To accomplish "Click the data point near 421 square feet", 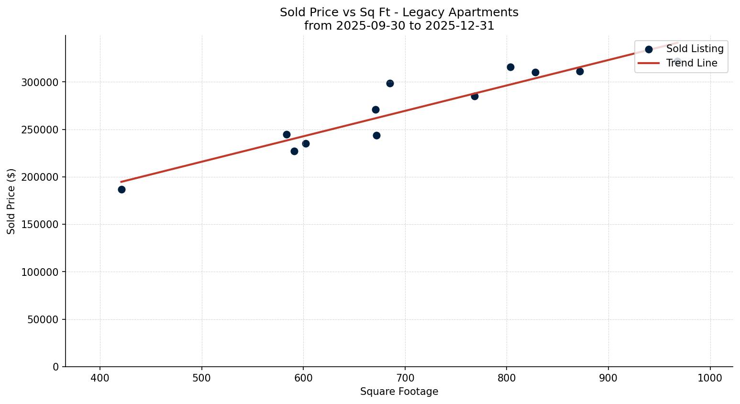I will click(121, 189).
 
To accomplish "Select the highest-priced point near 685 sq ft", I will click(390, 83).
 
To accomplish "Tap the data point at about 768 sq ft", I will click(475, 96).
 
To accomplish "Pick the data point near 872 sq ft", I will click(580, 71).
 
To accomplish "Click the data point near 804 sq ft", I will click(510, 67).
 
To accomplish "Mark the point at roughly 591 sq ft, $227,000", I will click(294, 151).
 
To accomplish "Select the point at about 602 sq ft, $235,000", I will click(306, 143).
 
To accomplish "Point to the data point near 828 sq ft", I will click(535, 72).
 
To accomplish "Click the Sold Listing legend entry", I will click(695, 49).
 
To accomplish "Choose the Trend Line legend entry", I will click(691, 63).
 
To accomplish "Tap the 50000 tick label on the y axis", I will click(43, 319).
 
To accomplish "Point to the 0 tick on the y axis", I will click(56, 367).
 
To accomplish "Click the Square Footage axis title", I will click(399, 392).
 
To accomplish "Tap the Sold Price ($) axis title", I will click(11, 201).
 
